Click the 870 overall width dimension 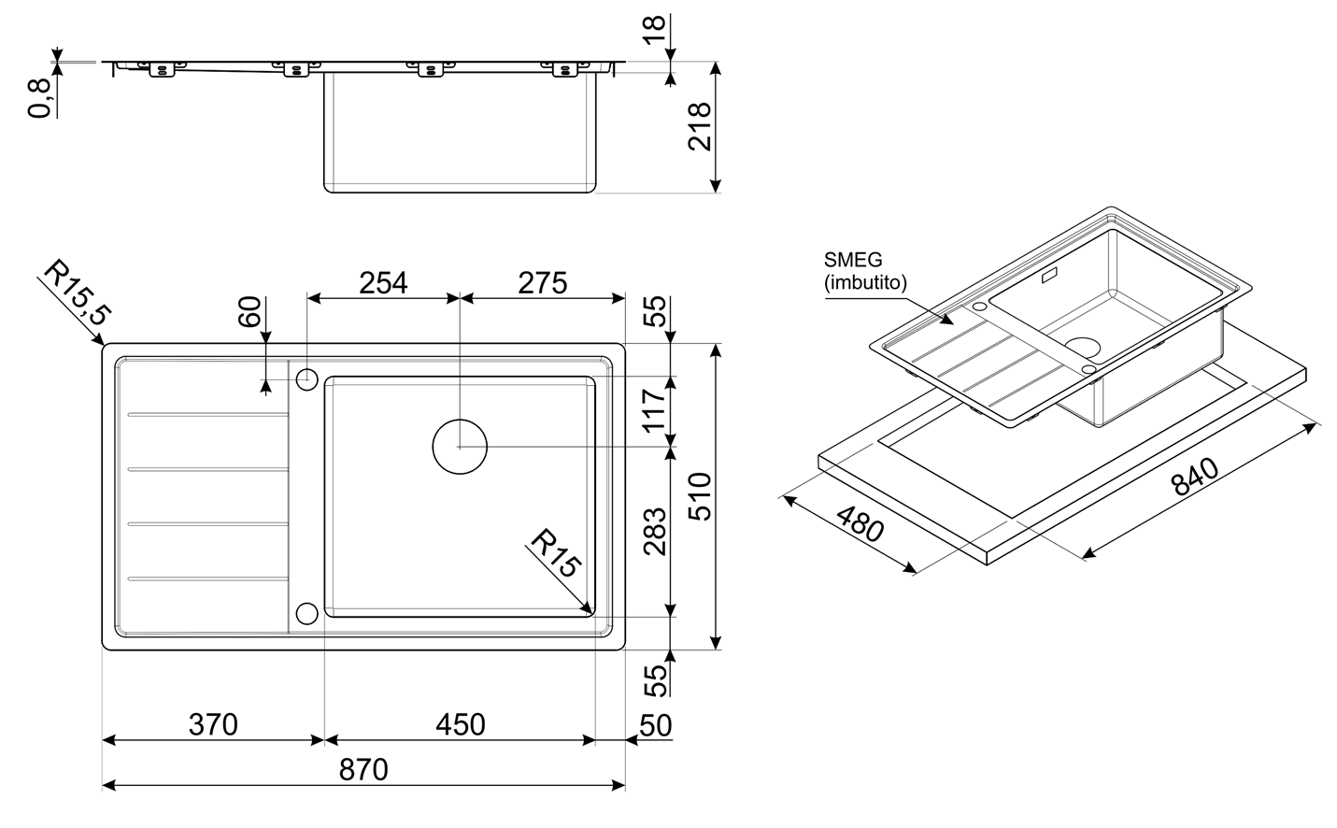click(x=363, y=771)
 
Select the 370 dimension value click(x=213, y=724)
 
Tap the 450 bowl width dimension click(x=461, y=724)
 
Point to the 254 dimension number click(x=383, y=282)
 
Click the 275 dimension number click(x=542, y=282)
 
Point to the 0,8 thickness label click(x=39, y=97)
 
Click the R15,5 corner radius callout click(x=77, y=293)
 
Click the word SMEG click(x=853, y=261)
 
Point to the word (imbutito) click(x=865, y=282)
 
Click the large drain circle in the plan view click(x=460, y=447)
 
